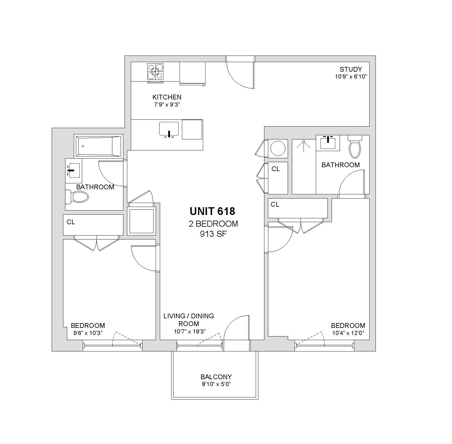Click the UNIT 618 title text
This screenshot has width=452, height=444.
pyautogui.click(x=212, y=211)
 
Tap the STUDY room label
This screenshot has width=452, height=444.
pyautogui.click(x=351, y=69)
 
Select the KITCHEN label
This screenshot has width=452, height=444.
pyautogui.click(x=167, y=97)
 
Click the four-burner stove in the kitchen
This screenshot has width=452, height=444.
pyautogui.click(x=155, y=72)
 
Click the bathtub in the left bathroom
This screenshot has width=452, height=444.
pyautogui.click(x=99, y=146)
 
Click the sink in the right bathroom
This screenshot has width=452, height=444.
pyautogui.click(x=328, y=143)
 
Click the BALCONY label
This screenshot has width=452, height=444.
pyautogui.click(x=216, y=377)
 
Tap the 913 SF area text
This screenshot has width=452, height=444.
pyautogui.click(x=213, y=234)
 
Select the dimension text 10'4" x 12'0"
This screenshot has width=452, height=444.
pyautogui.click(x=348, y=333)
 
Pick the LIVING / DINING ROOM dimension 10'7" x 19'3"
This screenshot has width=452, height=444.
pyautogui.click(x=190, y=331)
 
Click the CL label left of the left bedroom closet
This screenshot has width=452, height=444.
pyautogui.click(x=71, y=222)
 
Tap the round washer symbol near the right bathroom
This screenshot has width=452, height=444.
pyautogui.click(x=278, y=148)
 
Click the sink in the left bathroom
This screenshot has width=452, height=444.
pyautogui.click(x=73, y=170)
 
